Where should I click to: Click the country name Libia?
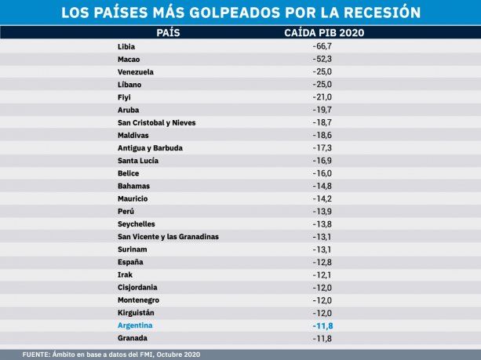pyautogui.click(x=126, y=47)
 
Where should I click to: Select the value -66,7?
pyautogui.click(x=322, y=47)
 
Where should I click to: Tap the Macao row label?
pyautogui.click(x=129, y=60)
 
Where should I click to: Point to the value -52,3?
pyautogui.click(x=322, y=60)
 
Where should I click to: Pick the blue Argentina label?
pyautogui.click(x=135, y=325)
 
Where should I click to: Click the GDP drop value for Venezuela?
pyautogui.click(x=322, y=72)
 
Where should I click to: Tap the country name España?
pyautogui.click(x=130, y=261)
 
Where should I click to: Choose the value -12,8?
pyautogui.click(x=322, y=261)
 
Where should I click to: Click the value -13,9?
pyautogui.click(x=322, y=211)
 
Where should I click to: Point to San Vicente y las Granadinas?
pyautogui.click(x=168, y=236)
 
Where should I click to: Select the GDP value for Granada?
pyautogui.click(x=322, y=338)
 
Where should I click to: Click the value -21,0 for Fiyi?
pyautogui.click(x=322, y=97)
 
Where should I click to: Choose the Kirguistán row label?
pyautogui.click(x=137, y=312)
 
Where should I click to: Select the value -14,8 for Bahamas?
pyautogui.click(x=322, y=186)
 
